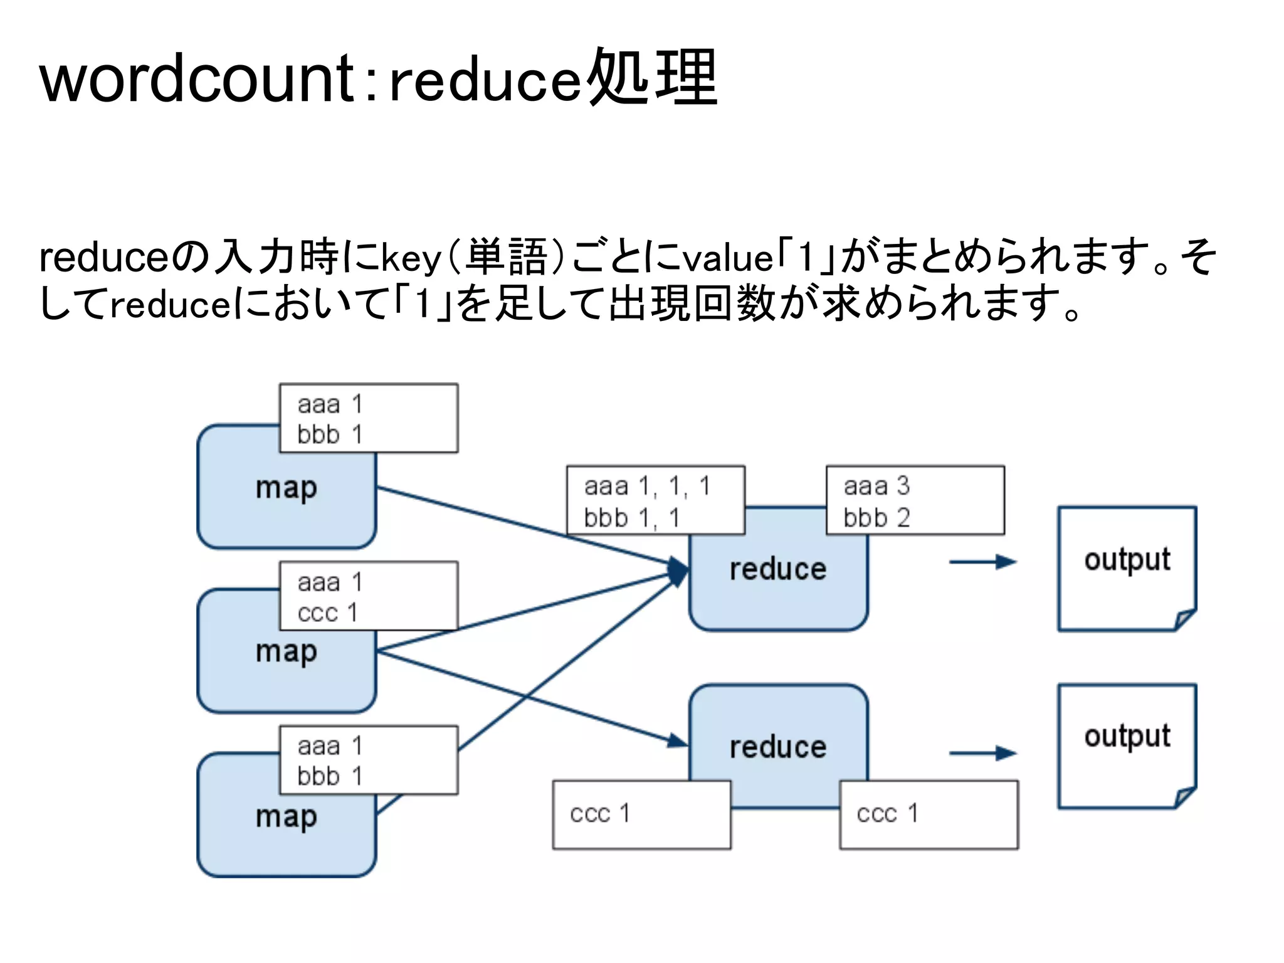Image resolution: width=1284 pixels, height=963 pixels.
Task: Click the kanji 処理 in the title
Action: tap(653, 78)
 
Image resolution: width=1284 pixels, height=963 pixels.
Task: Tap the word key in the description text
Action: tap(411, 258)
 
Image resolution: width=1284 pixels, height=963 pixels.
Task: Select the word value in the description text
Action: tap(727, 258)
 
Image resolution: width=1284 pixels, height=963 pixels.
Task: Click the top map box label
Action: tap(286, 488)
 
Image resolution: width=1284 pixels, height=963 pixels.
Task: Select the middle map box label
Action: tap(286, 652)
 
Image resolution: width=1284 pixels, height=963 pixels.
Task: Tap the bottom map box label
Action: tap(286, 816)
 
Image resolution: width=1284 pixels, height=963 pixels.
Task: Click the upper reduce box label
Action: tap(777, 569)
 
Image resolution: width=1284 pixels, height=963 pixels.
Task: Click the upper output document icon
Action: tap(1127, 568)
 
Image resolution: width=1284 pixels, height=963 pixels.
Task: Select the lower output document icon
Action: tap(1127, 746)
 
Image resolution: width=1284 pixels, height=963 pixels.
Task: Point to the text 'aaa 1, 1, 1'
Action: tap(647, 487)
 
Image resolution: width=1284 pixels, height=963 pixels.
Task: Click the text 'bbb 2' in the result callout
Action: tap(876, 518)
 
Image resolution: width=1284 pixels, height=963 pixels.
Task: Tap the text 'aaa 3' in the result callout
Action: tap(876, 487)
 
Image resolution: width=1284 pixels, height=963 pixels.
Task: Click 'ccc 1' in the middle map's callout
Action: tap(327, 613)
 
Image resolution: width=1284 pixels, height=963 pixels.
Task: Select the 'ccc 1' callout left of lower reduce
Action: tap(599, 814)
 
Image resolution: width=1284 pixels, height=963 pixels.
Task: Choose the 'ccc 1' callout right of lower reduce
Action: tap(887, 814)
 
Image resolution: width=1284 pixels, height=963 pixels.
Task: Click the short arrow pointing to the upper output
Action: tap(982, 562)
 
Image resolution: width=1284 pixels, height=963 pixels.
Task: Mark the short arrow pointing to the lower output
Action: tap(982, 753)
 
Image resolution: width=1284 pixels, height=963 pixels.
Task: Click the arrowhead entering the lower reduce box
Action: tap(677, 741)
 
